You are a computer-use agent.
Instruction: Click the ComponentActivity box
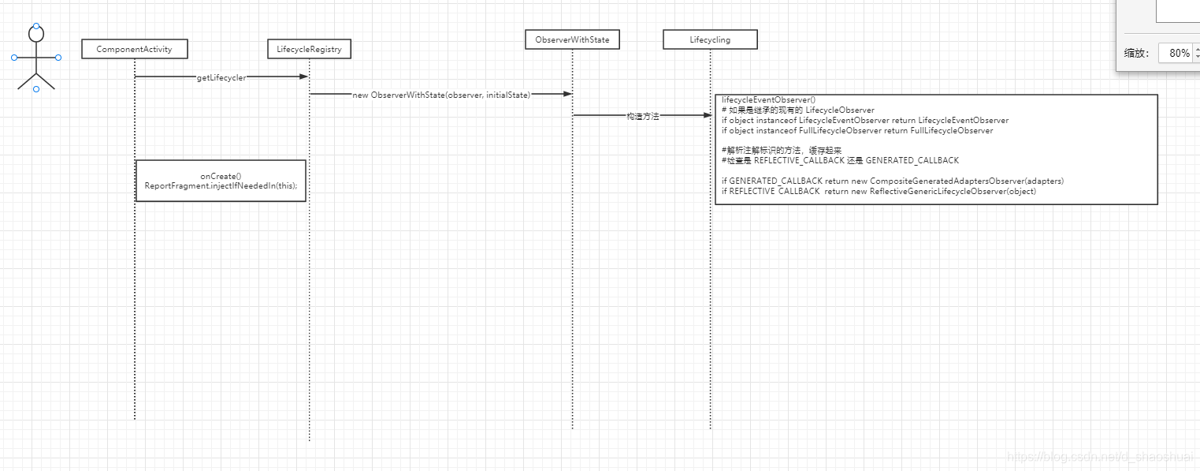[x=135, y=49]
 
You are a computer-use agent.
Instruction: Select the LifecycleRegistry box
[x=309, y=49]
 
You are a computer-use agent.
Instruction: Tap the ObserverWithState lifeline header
[x=572, y=39]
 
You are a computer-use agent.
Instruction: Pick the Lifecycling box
[x=710, y=39]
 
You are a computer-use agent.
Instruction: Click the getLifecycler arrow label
[x=221, y=77]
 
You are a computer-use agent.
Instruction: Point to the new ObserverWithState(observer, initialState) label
[x=441, y=95]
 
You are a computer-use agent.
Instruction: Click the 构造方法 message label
[x=643, y=116]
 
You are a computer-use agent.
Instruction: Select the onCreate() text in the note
[x=221, y=176]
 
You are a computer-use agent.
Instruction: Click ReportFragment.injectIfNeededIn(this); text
[x=221, y=186]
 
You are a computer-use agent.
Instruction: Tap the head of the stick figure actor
[x=36, y=34]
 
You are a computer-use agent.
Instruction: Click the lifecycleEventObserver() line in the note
[x=768, y=100]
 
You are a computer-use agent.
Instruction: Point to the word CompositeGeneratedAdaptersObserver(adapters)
[x=967, y=181]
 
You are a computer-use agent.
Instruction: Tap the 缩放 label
[x=1136, y=54]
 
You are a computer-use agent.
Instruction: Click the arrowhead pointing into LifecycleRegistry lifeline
[x=303, y=77]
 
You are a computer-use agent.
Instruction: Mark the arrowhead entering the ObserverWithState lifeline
[x=567, y=94]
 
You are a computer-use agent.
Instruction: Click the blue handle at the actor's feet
[x=36, y=89]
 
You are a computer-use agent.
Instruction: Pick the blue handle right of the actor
[x=58, y=58]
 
